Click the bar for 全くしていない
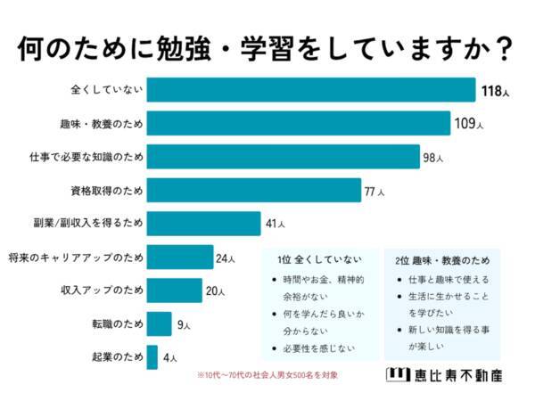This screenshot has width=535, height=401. click(310, 90)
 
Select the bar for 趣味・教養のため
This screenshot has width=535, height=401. click(297, 123)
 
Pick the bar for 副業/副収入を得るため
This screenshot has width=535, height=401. click(203, 223)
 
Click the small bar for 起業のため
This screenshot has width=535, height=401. click(152, 357)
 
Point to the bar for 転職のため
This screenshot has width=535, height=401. click(159, 324)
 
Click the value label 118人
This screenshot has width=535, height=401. click(494, 91)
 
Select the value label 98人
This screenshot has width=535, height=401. click(433, 158)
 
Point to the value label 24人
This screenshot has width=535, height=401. click(226, 258)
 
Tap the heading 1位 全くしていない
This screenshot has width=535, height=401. click(319, 259)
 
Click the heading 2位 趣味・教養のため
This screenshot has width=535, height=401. click(442, 259)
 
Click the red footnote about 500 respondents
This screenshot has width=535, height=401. click(267, 374)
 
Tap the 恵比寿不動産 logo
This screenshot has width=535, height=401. click(445, 374)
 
